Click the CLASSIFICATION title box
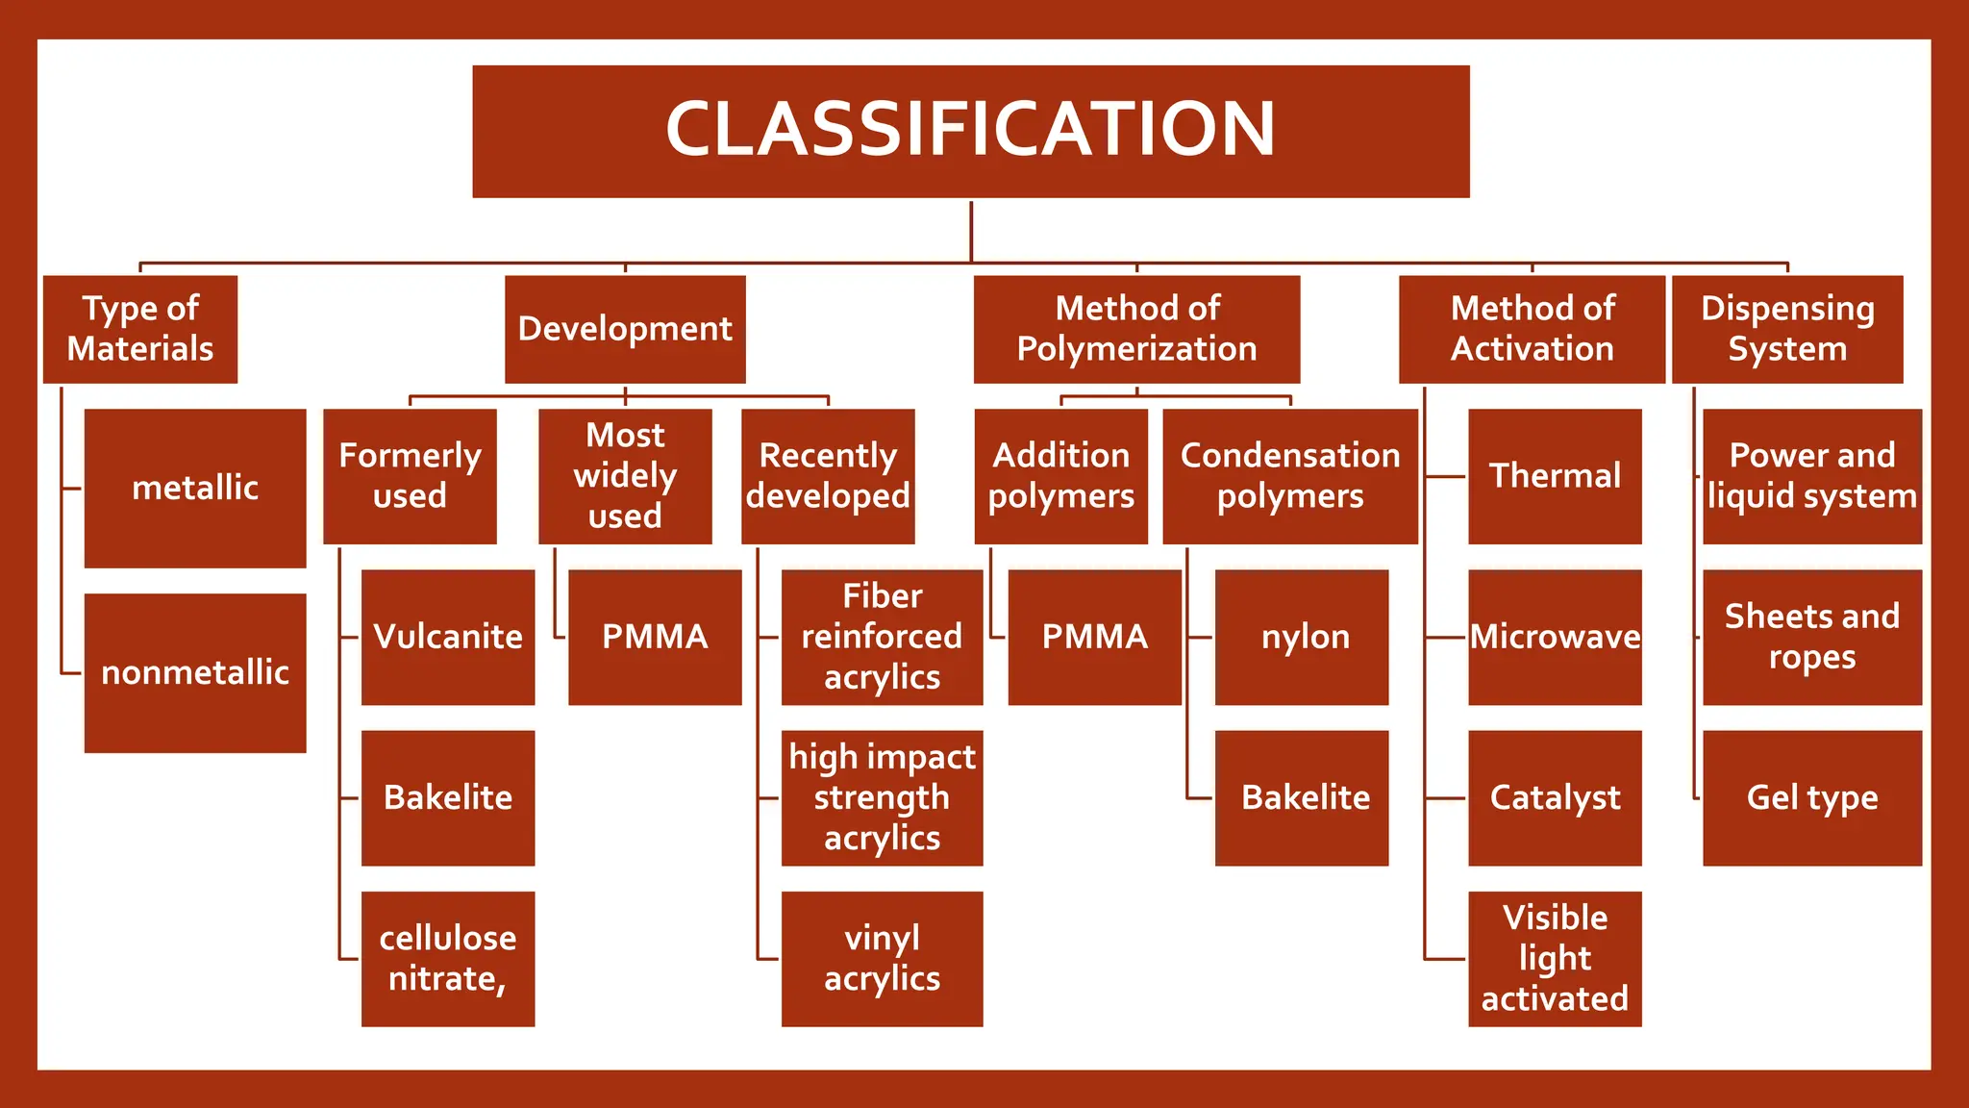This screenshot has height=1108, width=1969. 970,131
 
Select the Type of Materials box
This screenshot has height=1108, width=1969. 140,329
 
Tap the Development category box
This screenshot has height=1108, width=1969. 625,329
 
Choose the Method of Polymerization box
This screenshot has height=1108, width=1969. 1136,329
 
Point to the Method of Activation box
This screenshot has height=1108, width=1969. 1532,329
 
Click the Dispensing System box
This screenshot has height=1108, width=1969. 1787,329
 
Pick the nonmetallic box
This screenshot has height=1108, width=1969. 195,672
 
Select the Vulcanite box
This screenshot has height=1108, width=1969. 448,637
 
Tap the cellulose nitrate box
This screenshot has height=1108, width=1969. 448,958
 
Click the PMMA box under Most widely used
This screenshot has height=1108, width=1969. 655,637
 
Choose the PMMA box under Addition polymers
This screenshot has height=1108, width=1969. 1094,637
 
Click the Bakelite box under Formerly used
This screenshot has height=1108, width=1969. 448,797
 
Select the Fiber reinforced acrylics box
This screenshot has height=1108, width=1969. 882,637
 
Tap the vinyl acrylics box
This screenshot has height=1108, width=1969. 882,958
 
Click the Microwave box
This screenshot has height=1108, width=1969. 1555,637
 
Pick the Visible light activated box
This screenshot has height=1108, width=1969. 1555,958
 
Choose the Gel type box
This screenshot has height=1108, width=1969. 1812,797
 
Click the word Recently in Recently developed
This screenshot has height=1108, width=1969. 828,456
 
